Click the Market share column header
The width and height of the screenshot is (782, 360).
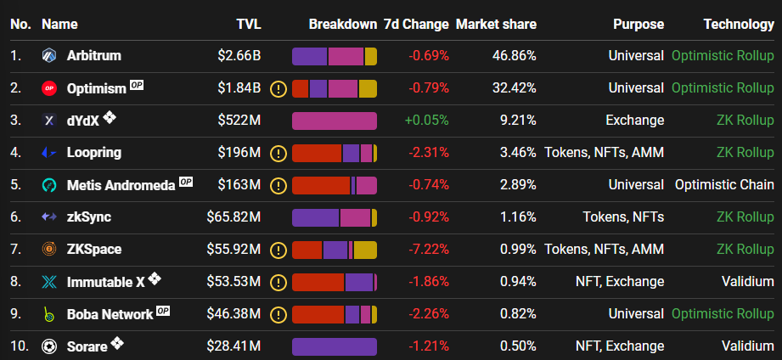click(496, 24)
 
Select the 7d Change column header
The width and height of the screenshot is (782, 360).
click(416, 24)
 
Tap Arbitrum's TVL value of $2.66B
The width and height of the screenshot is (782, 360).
click(239, 55)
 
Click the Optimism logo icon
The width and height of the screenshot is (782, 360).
click(49, 88)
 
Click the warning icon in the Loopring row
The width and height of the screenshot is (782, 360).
click(278, 153)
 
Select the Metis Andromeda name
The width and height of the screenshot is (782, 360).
click(121, 185)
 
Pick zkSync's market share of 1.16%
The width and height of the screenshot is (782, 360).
click(518, 217)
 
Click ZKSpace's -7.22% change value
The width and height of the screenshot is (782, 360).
click(429, 249)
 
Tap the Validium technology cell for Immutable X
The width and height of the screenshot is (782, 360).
click(747, 281)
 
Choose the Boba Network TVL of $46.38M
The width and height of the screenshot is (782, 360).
click(233, 313)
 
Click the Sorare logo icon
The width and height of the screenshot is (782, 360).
click(49, 346)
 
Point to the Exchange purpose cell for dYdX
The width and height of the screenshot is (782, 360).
click(635, 121)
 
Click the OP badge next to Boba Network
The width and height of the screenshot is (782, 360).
click(163, 311)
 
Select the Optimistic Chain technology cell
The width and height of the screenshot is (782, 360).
click(724, 184)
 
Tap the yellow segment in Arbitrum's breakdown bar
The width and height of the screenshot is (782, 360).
click(370, 56)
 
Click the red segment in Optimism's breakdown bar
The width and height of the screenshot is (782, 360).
click(301, 89)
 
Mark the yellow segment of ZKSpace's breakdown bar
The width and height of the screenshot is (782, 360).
click(365, 250)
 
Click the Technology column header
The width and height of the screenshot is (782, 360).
click(739, 24)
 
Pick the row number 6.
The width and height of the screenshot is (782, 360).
click(15, 217)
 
